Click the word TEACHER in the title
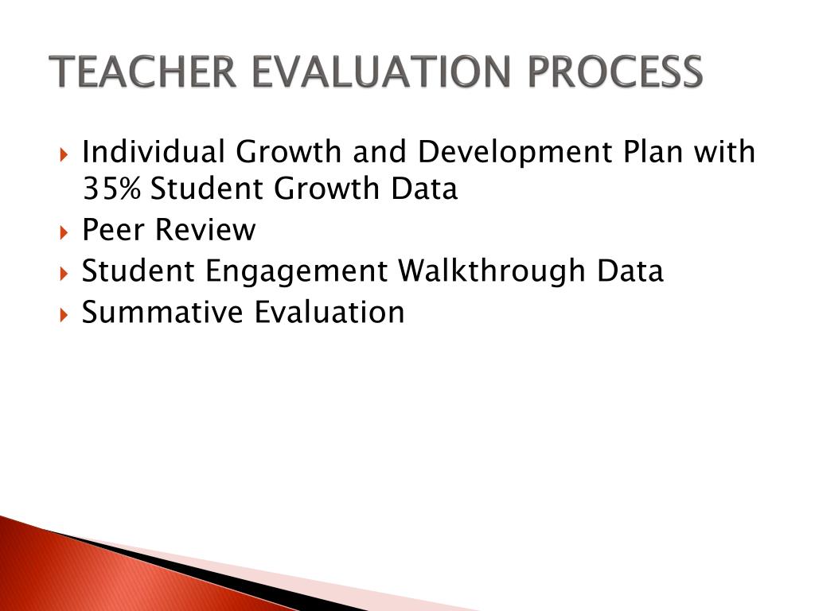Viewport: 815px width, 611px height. tap(143, 72)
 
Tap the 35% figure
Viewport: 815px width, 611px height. tap(112, 189)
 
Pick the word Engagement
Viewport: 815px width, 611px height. tap(297, 272)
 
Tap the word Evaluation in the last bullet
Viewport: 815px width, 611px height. tap(330, 312)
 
